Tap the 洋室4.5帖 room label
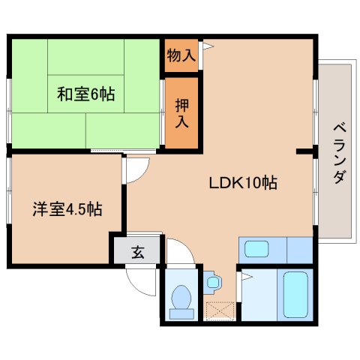click(x=67, y=209)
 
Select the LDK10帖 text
click(x=242, y=182)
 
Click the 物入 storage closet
click(x=181, y=55)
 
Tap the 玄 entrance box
click(x=137, y=252)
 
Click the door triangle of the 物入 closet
click(x=208, y=47)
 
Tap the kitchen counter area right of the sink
click(x=298, y=248)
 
